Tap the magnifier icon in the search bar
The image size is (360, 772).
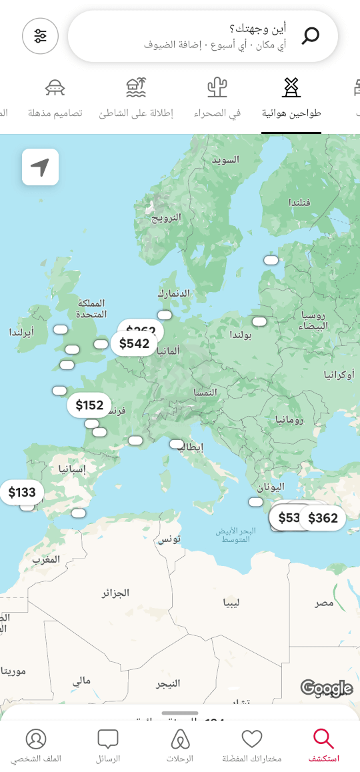(x=310, y=35)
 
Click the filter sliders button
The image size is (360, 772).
(x=41, y=36)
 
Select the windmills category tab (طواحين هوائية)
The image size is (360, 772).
(x=291, y=98)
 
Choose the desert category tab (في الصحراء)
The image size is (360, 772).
(x=217, y=98)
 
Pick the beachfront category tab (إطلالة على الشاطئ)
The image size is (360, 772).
(x=136, y=98)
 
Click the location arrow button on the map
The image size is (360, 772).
(x=40, y=167)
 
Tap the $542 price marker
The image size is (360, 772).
(x=134, y=344)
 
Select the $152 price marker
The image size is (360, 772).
(x=89, y=405)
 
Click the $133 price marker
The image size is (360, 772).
(x=22, y=493)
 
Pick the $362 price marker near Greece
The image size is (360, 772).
(x=323, y=518)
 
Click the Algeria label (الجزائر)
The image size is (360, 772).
(x=115, y=593)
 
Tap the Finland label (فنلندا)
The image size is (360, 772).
(x=299, y=202)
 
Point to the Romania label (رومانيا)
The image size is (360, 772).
(x=289, y=420)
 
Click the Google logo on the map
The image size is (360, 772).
(x=326, y=688)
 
